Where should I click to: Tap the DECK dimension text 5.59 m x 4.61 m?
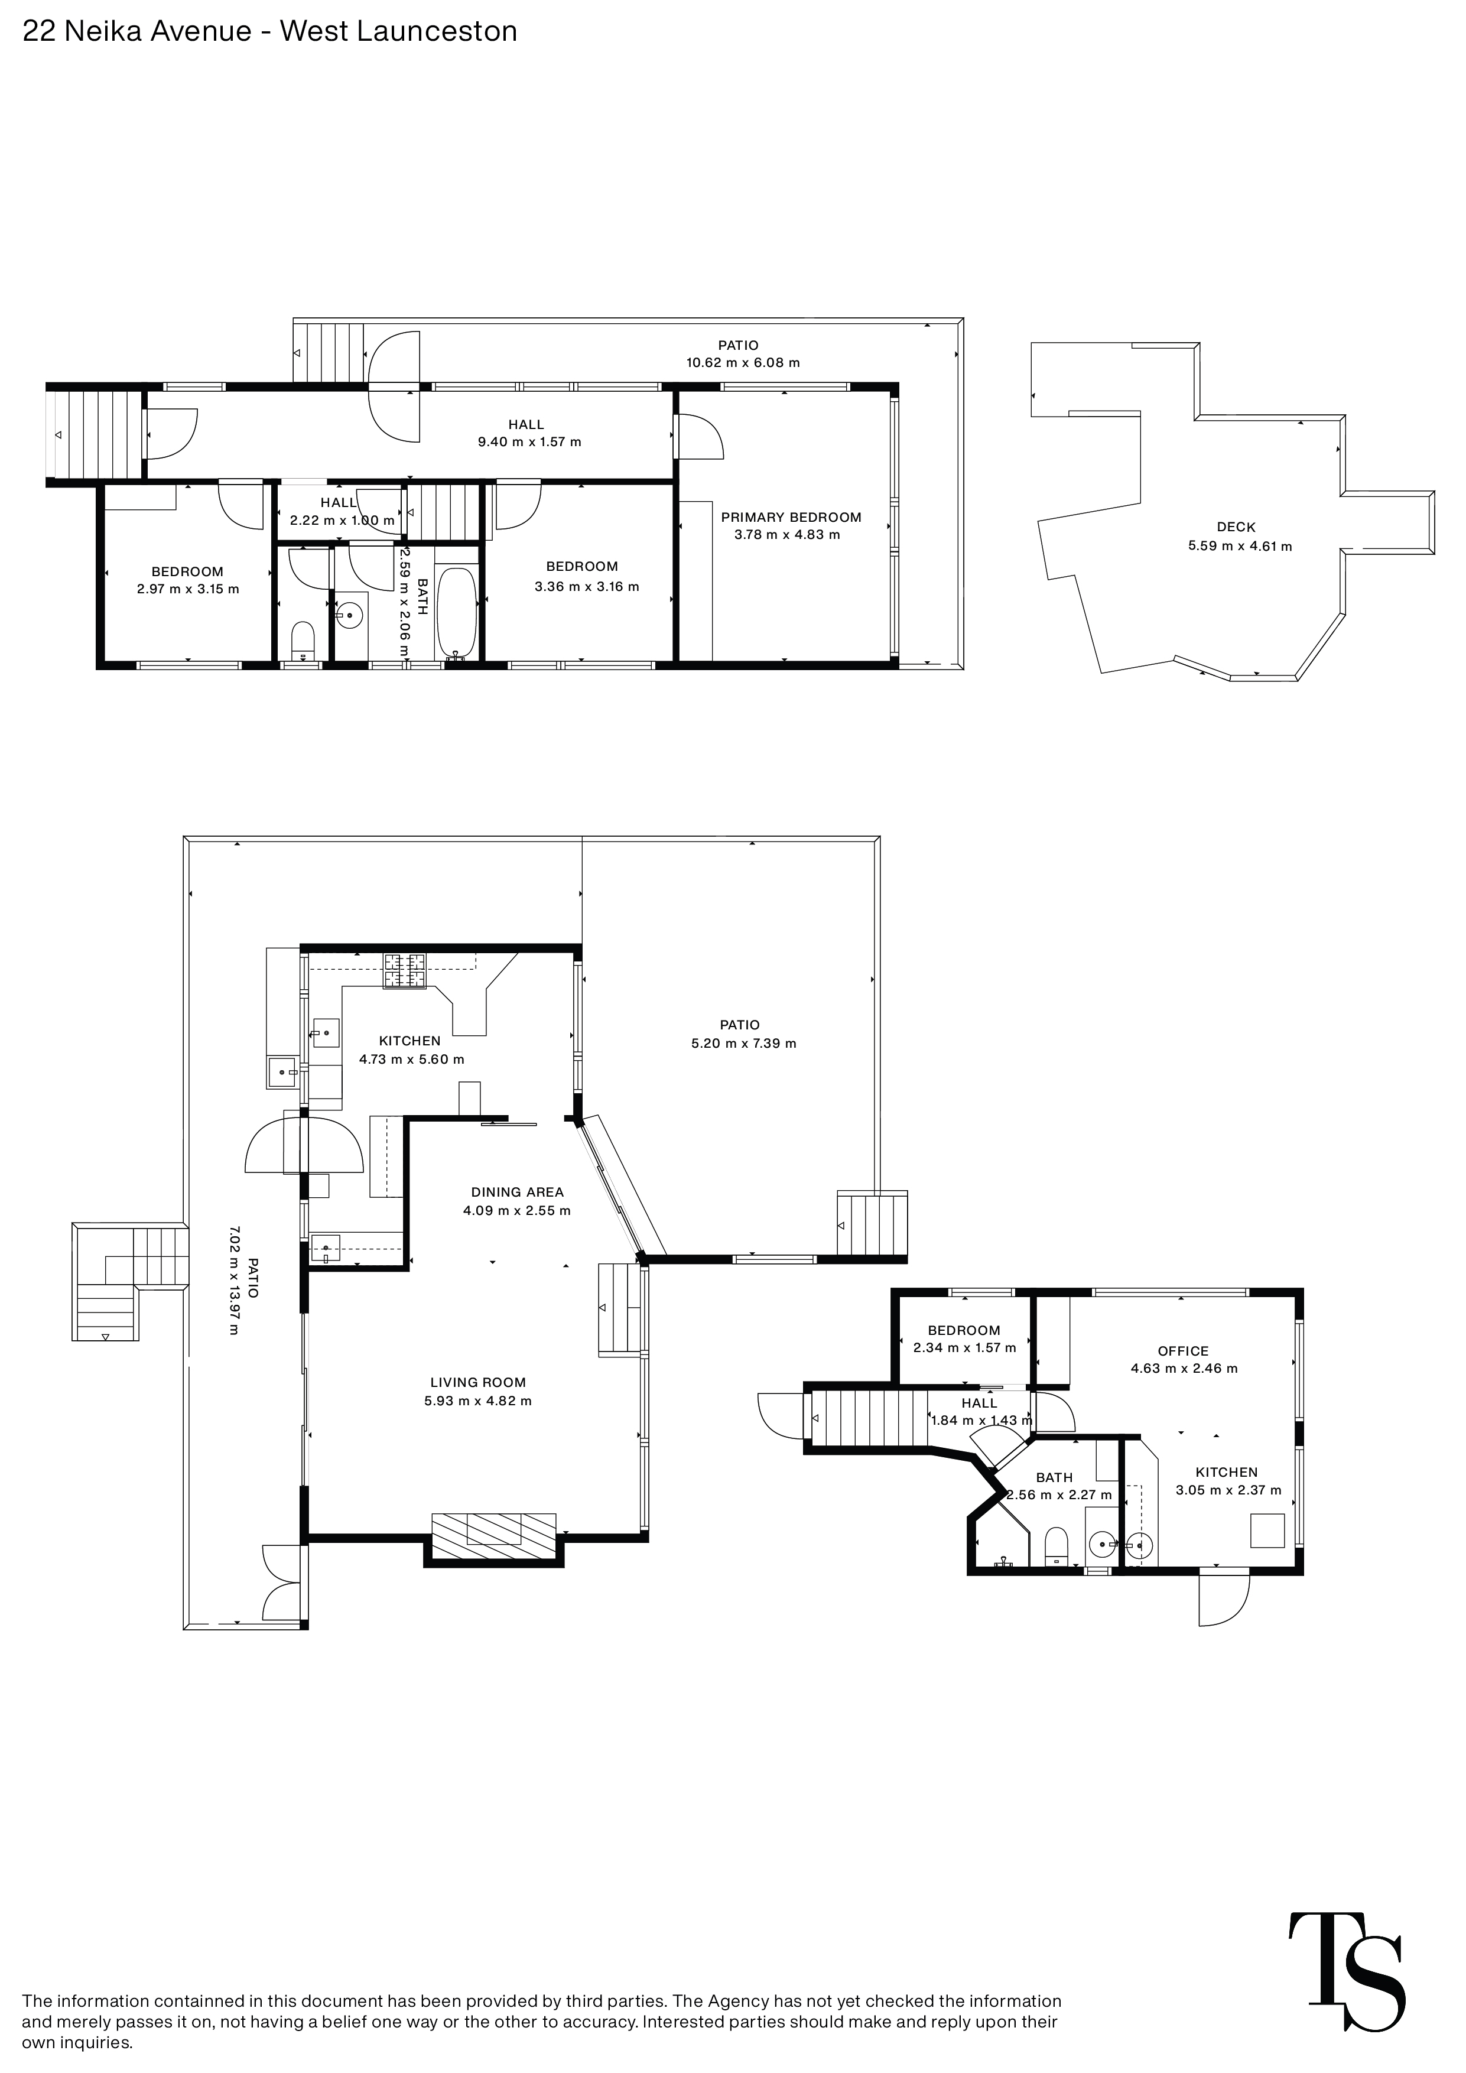tap(1240, 546)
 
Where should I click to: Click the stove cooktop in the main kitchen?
tap(404, 970)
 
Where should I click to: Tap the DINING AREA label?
tap(516, 1192)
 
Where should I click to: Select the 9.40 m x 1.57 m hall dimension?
tap(529, 443)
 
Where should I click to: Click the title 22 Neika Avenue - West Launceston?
tap(270, 31)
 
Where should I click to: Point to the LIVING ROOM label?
tap(477, 1382)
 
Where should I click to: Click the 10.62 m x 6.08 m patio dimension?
tap(742, 363)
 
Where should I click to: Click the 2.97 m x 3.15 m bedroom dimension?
tap(188, 590)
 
